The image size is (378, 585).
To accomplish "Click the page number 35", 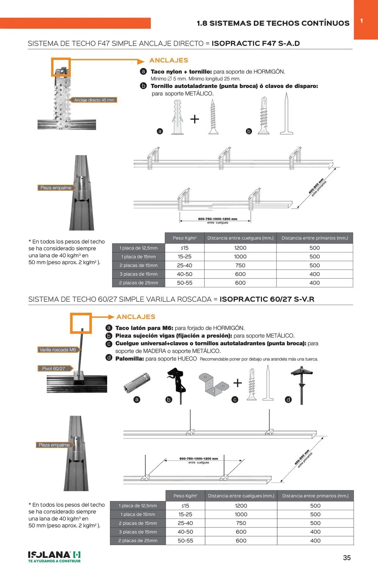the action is (347, 558).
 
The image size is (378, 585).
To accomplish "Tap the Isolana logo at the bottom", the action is (54, 557).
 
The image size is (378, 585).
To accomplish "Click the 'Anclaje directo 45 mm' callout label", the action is (94, 100).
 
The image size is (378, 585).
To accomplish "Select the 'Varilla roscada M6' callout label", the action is (58, 350).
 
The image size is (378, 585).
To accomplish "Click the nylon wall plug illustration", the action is (178, 117).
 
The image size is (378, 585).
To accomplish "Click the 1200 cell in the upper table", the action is (240, 248).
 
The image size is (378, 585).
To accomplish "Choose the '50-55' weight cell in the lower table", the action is (185, 541).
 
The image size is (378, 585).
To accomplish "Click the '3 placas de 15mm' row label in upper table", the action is (139, 274).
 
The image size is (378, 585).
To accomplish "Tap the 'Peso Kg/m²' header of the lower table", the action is (185, 496).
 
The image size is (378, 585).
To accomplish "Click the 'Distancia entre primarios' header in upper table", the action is (315, 238).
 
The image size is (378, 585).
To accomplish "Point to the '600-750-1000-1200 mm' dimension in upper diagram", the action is (218, 219).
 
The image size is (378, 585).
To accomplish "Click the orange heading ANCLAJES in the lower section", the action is (136, 317).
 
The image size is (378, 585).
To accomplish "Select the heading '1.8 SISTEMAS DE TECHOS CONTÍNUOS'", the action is (273, 23).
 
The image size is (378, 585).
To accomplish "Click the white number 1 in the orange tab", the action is (362, 21).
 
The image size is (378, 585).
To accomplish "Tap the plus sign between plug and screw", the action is (195, 119).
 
